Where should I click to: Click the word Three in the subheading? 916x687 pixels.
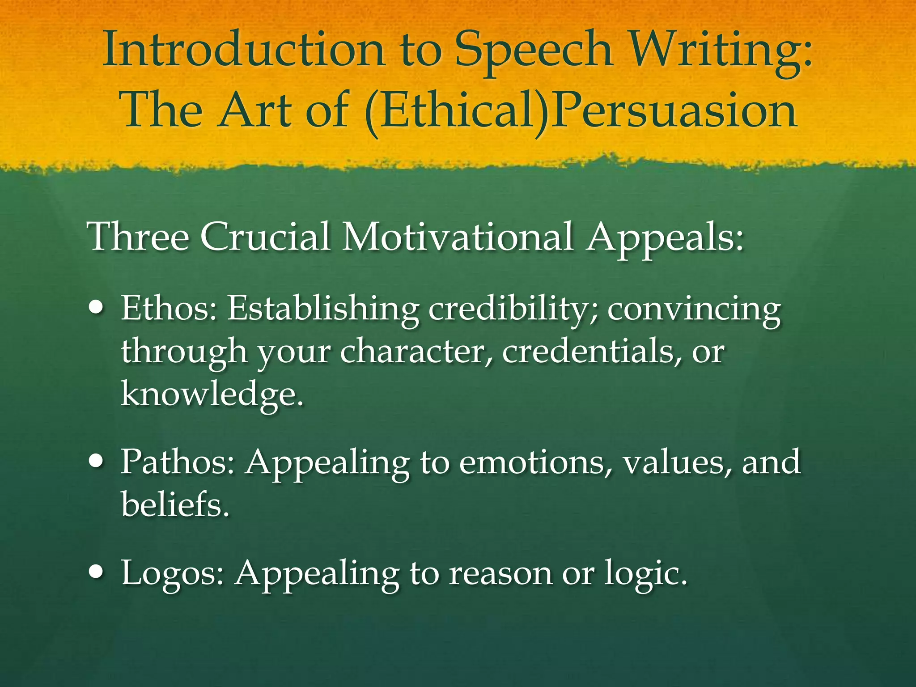click(139, 237)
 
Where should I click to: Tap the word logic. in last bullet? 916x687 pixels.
click(646, 573)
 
